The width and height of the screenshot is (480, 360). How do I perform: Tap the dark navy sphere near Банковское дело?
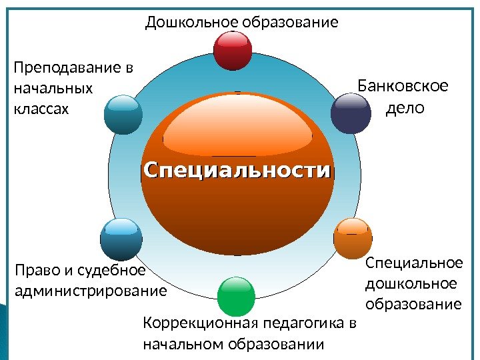351,113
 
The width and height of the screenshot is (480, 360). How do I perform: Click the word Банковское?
403,87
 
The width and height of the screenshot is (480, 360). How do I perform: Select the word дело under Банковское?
405,107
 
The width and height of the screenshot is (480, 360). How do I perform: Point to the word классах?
41,107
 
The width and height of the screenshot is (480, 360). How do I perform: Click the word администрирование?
90,291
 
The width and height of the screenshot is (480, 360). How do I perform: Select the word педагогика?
303,325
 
